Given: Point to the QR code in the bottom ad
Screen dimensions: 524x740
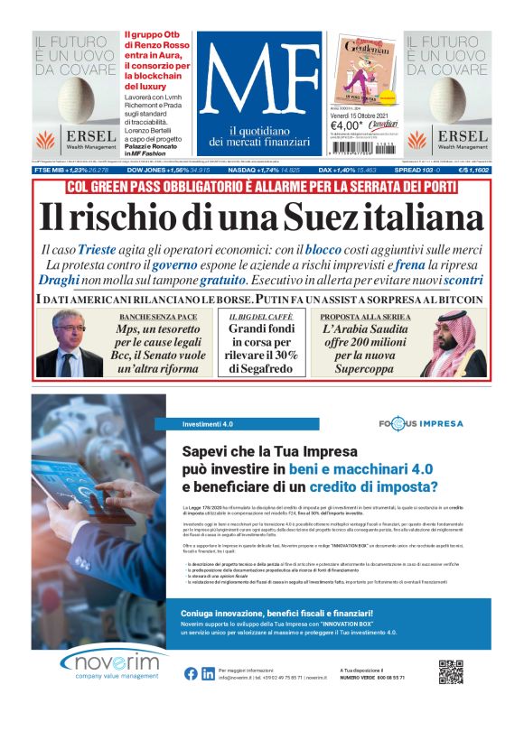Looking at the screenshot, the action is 451,672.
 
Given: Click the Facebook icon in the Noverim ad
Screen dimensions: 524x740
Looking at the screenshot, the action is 191,673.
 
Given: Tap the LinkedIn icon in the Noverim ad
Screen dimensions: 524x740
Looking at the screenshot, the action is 208,673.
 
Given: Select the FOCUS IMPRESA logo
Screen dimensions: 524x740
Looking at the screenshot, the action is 422,423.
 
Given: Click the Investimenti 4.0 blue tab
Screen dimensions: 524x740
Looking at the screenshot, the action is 208,423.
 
